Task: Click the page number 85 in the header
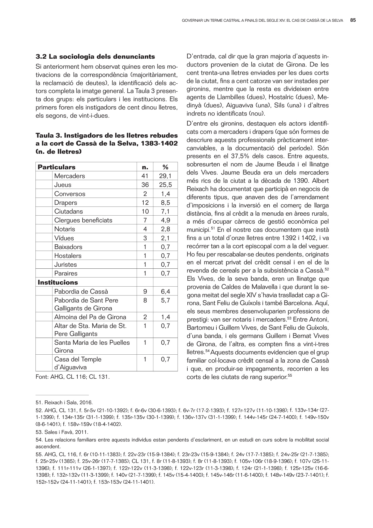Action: tap(353, 21)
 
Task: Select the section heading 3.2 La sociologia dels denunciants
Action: tap(95, 56)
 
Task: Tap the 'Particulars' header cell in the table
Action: tap(57, 167)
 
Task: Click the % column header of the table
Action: tap(165, 167)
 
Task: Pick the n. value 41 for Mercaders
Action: tap(145, 176)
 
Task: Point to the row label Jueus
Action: tap(63, 185)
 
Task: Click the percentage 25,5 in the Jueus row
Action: tap(165, 185)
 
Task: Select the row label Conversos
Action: tap(70, 194)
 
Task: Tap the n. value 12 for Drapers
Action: tap(145, 203)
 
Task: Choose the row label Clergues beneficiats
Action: tap(83, 220)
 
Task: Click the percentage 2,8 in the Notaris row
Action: tap(165, 229)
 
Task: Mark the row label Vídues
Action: tap(64, 238)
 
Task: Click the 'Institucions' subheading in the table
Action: tap(58, 282)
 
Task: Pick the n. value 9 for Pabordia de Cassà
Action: tap(145, 292)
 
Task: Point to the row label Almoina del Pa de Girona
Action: tap(90, 317)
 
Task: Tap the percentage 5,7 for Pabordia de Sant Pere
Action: tap(165, 300)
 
